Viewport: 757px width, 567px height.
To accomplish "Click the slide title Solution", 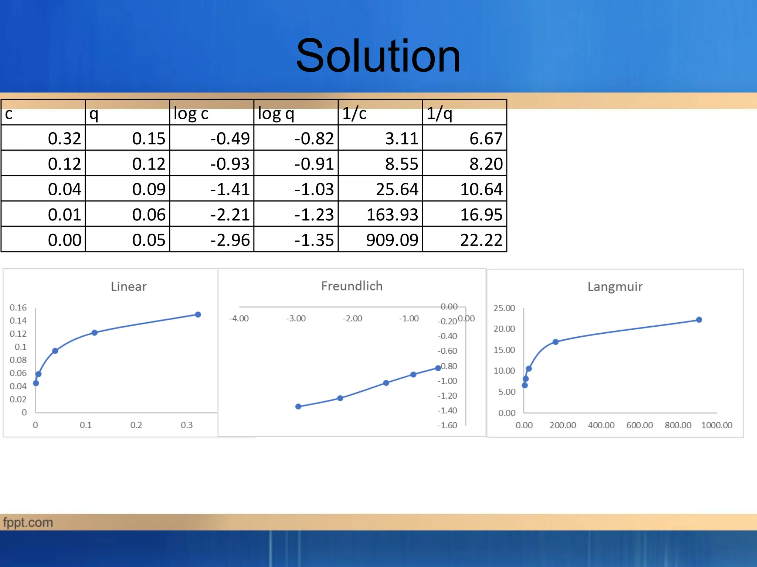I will point(378,56).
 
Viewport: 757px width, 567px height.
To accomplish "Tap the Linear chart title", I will point(129,286).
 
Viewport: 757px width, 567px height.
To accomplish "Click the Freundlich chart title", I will point(352,286).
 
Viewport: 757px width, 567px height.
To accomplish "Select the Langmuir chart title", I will point(615,286).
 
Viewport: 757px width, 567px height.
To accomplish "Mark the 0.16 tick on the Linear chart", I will point(18,307).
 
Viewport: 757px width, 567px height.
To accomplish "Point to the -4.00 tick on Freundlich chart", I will point(239,318).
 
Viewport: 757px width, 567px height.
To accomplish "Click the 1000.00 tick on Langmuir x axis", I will point(716,425).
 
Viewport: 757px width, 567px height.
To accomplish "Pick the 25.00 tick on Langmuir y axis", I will point(504,308).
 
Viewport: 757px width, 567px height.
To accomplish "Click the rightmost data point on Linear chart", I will point(198,315).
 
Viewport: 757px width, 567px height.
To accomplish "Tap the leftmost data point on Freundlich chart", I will point(298,406).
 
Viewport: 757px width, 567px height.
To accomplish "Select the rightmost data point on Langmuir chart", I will point(699,320).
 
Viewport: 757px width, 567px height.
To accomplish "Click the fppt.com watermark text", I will point(28,522).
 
